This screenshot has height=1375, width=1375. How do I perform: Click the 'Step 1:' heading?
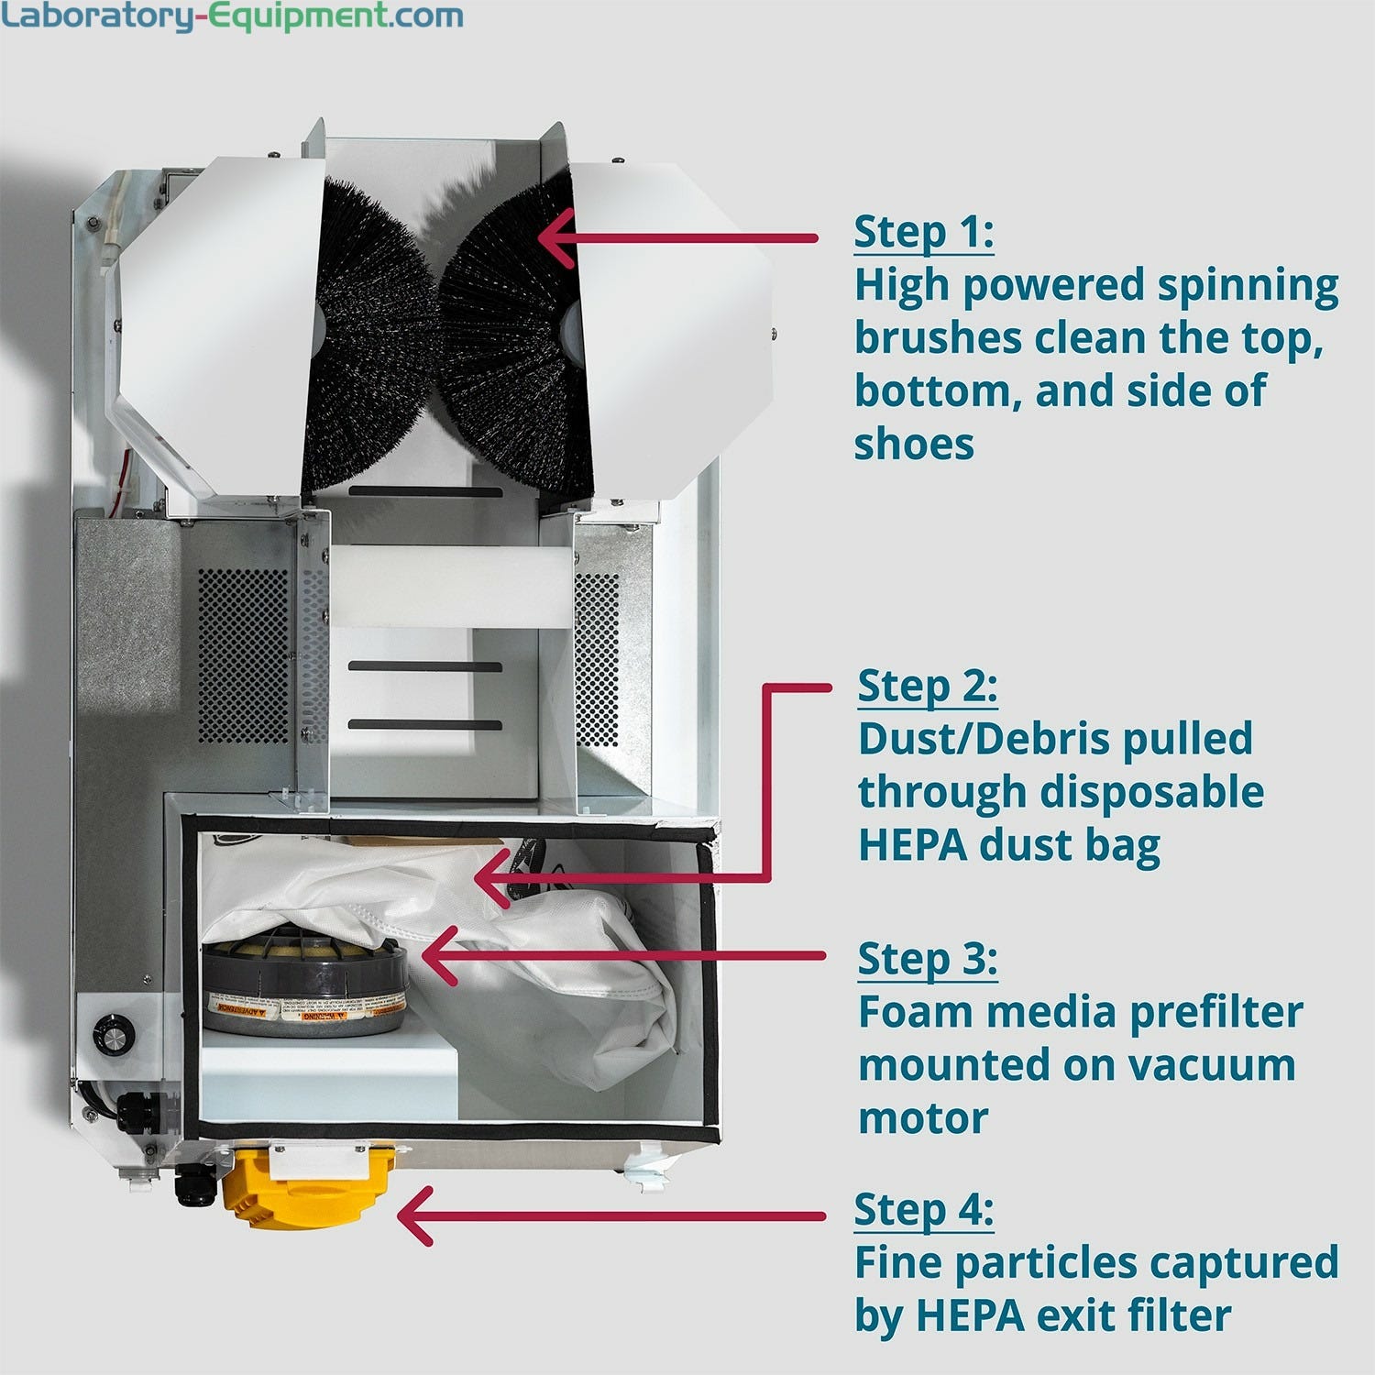pos(923,232)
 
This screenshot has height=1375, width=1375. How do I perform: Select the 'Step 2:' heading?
pos(927,686)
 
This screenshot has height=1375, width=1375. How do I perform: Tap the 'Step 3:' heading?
pos(927,959)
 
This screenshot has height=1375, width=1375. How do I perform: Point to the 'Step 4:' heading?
pos(923,1209)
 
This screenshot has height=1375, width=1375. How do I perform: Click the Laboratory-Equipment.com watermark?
pos(231,16)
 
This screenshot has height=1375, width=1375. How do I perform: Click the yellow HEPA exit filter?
pos(307,1192)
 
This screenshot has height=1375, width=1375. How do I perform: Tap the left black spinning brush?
pos(371,339)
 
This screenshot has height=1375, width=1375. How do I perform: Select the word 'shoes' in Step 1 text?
pos(914,445)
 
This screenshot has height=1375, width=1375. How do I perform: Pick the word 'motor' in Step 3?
pos(923,1118)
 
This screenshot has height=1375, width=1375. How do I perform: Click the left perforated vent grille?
pos(243,655)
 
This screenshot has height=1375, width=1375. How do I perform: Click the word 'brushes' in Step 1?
pos(938,339)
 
